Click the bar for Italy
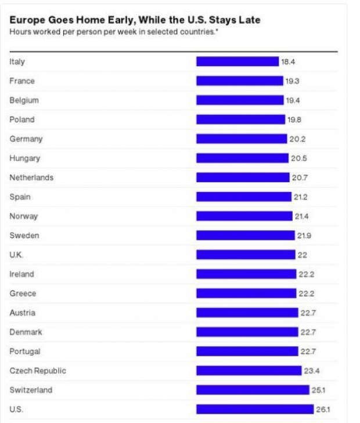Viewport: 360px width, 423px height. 237,62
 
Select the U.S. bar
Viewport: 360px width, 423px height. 254,409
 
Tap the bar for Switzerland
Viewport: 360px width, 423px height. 253,390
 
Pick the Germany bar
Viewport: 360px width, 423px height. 242,139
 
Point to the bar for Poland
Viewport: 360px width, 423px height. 240,120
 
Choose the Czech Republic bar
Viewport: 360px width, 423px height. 249,371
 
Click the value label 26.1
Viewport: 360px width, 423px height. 323,409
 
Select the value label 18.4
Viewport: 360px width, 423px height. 288,62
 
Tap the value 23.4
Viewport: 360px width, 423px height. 311,371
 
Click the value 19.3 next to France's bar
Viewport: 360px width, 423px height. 292,81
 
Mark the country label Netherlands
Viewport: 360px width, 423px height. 31,178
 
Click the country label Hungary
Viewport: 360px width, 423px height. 25,158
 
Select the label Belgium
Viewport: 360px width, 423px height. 24,100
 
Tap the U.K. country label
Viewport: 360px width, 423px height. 17,255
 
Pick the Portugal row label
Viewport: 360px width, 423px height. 25,351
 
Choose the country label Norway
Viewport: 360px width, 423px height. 24,216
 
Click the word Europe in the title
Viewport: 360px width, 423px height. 25,20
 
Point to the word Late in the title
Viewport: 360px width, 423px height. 249,20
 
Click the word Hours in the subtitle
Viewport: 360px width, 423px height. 19,31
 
